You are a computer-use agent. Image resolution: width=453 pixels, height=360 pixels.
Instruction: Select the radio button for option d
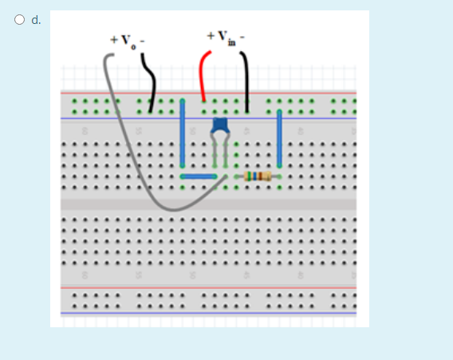(x=18, y=20)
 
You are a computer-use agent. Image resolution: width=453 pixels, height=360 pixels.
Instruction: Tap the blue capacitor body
(x=220, y=125)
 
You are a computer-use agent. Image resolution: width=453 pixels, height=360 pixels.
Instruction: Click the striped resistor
(x=257, y=176)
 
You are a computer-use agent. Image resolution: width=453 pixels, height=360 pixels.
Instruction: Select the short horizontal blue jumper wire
(x=199, y=176)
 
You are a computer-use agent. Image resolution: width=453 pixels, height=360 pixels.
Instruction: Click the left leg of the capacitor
(x=214, y=152)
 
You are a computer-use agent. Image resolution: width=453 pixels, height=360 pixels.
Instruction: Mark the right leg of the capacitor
(x=228, y=152)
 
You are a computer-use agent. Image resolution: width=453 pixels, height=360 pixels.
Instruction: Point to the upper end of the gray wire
(x=111, y=56)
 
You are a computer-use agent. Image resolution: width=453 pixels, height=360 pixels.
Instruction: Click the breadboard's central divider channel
(x=207, y=204)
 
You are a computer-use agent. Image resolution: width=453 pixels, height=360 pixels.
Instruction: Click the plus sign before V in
(x=210, y=35)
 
